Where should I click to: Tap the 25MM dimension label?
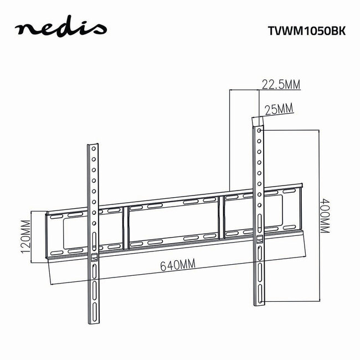279,109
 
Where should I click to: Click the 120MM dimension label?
25,235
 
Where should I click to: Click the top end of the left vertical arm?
92,147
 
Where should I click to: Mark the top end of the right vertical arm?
256,120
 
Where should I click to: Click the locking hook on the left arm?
94,257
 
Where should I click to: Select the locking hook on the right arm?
259,239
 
